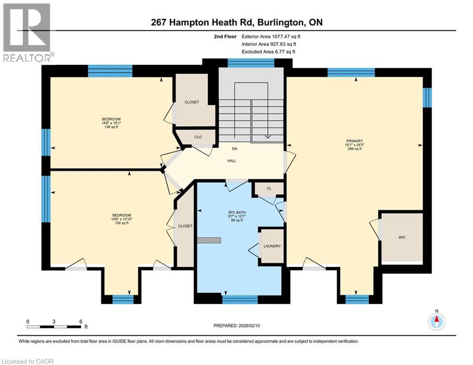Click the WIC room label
coord(402,237)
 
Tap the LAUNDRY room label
coord(272,246)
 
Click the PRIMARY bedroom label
coord(355,141)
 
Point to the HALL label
coord(232,161)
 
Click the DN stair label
coord(234,149)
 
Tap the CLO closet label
coord(198,137)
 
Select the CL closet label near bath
coord(269,189)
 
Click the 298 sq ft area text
coord(355,149)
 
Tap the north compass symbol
coord(436,321)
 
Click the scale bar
coord(54,327)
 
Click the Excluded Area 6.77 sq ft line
coord(269,51)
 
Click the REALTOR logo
coord(27,32)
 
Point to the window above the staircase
coord(251,63)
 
